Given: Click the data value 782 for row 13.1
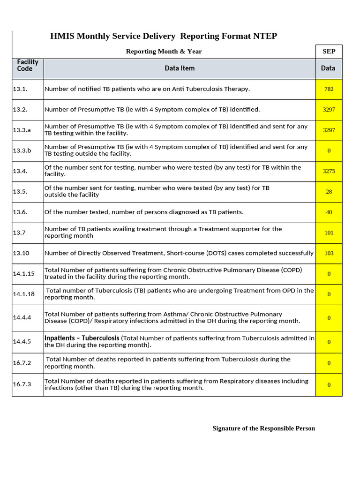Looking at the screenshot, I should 329,89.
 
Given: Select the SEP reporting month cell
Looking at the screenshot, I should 329,51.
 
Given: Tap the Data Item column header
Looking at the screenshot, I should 180,68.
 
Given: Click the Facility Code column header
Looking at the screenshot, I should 28,65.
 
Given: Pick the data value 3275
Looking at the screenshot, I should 329,171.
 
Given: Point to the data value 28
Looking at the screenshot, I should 329,192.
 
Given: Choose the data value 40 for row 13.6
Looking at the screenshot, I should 329,212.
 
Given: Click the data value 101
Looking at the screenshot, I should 329,232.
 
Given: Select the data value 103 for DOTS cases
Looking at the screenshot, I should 329,253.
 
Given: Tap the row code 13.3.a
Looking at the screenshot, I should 22,130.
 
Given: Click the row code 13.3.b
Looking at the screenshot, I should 22,150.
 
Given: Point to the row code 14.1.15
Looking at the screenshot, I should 23,274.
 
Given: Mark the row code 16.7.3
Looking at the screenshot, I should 22,384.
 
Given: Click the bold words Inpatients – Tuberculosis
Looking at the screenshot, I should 82,338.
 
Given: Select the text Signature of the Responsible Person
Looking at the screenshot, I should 263,428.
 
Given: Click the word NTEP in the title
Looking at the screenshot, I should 265,36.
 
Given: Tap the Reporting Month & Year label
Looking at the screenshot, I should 164,51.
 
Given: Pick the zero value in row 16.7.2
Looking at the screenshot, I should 329,363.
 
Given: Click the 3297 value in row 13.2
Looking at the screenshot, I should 329,109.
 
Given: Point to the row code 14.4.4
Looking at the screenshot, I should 22,317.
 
